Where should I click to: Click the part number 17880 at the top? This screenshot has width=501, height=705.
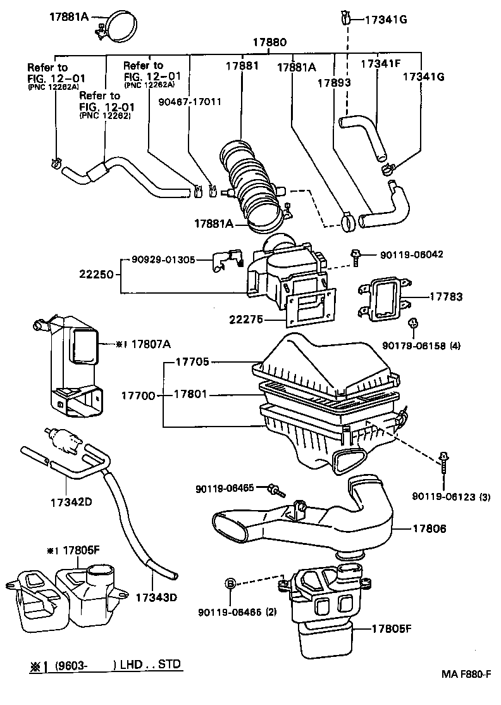pyautogui.click(x=270, y=44)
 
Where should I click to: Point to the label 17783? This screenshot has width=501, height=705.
pyautogui.click(x=447, y=296)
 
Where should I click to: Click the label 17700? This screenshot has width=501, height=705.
pyautogui.click(x=138, y=396)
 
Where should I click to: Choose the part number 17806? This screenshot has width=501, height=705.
pyautogui.click(x=430, y=528)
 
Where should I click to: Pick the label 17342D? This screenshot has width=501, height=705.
pyautogui.click(x=71, y=502)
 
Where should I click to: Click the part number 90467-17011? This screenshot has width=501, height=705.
pyautogui.click(x=190, y=101)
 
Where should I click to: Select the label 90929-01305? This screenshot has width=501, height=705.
pyautogui.click(x=163, y=259)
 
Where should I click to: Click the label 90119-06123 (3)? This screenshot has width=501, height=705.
pyautogui.click(x=451, y=496)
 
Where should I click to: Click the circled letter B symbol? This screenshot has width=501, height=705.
pyautogui.click(x=230, y=582)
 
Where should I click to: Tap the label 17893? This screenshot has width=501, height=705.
pyautogui.click(x=334, y=82)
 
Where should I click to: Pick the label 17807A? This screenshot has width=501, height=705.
pyautogui.click(x=151, y=344)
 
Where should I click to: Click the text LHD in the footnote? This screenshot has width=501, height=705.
pyautogui.click(x=130, y=664)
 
